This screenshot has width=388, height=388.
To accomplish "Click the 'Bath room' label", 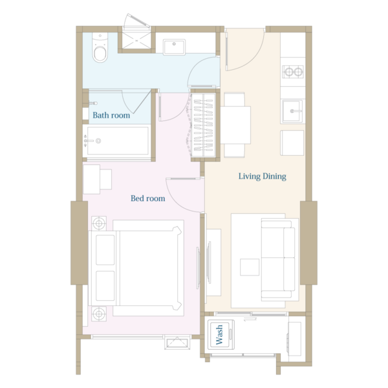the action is click(111, 115).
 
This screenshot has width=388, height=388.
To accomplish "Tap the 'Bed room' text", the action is click(147, 199).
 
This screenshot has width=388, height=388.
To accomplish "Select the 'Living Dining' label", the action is click(263, 177).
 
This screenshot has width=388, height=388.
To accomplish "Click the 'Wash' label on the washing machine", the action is click(219, 335).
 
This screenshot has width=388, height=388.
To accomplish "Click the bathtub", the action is click(118, 141).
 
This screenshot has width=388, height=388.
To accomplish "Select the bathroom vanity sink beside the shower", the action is click(174, 47).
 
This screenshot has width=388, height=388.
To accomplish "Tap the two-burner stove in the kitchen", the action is click(293, 72).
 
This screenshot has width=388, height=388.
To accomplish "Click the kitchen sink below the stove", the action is click(292, 111).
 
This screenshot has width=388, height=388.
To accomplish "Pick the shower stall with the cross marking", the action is click(136, 41).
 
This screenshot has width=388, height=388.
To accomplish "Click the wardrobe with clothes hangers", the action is click(204, 125).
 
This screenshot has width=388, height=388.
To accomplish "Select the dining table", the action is click(235, 125).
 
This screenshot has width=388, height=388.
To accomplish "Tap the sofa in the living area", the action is click(278, 259).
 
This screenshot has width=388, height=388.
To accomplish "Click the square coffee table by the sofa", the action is click(250, 267).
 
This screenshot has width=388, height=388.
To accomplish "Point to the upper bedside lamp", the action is click(99, 224).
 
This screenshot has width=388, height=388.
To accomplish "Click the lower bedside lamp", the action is click(99, 314).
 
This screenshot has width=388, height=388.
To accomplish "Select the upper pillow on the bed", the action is click(105, 250).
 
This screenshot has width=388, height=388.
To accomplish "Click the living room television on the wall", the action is click(209, 263).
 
